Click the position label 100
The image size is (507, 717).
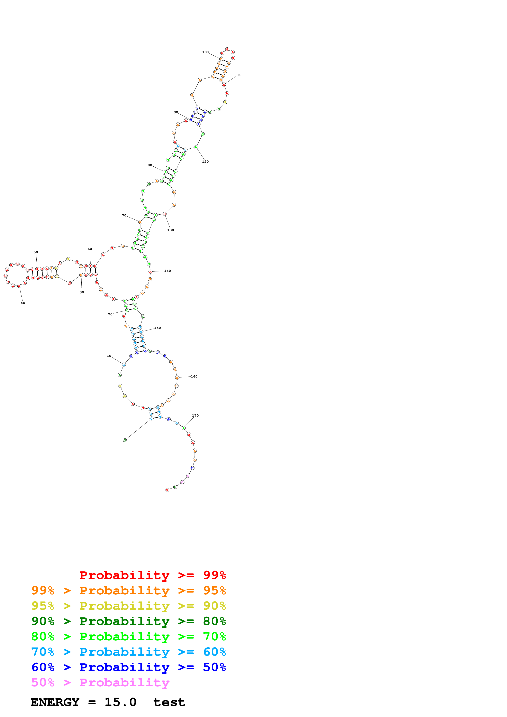pyautogui.click(x=205, y=52)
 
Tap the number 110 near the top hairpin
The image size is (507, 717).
pyautogui.click(x=238, y=75)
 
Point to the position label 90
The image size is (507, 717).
pyautogui.click(x=176, y=112)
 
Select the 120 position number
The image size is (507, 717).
pyautogui.click(x=205, y=161)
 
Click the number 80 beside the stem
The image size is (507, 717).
pyautogui.click(x=150, y=165)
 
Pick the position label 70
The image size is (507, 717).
pyautogui.click(x=124, y=215)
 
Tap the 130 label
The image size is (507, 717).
pyautogui.click(x=171, y=230)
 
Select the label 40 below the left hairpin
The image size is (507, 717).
pyautogui.click(x=23, y=303)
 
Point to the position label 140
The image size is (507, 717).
pyautogui.click(x=168, y=271)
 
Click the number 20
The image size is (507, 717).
pyautogui.click(x=110, y=315)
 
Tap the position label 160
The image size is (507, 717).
pyautogui.click(x=194, y=376)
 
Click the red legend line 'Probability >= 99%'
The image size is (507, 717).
pyautogui.click(x=152, y=575)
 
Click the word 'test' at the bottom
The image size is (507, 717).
pyautogui.click(x=169, y=702)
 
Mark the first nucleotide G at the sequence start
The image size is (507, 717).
pyautogui.click(x=125, y=440)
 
